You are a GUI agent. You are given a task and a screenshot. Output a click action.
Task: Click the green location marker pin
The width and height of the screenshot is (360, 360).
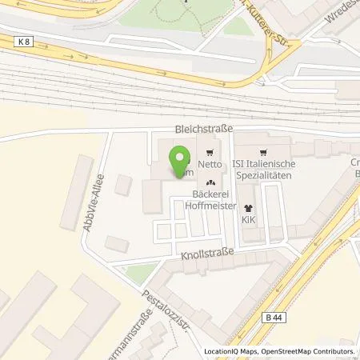tap(181, 160)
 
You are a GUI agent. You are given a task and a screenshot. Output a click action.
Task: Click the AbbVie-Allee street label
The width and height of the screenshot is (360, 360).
tap(94, 203)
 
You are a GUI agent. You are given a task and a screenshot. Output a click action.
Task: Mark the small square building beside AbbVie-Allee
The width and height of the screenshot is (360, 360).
tap(123, 185)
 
